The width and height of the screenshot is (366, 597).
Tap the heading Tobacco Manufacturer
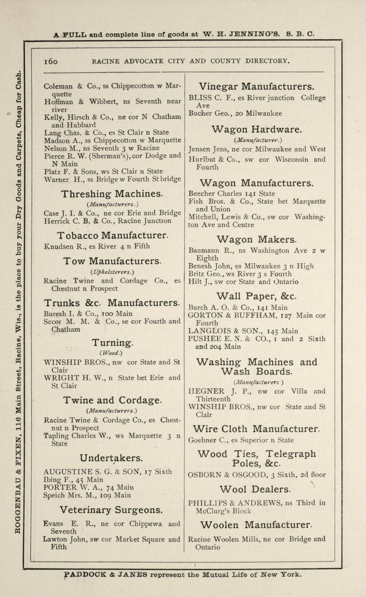[112, 235]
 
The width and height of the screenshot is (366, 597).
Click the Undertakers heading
[111, 458]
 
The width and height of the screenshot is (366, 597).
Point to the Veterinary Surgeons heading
[111, 509]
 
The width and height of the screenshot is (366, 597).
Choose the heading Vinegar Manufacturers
[257, 86]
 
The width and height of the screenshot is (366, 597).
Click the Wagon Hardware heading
[257, 129]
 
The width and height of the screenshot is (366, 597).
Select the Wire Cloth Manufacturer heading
[257, 429]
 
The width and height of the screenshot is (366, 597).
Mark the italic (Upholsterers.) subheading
[112, 271]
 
